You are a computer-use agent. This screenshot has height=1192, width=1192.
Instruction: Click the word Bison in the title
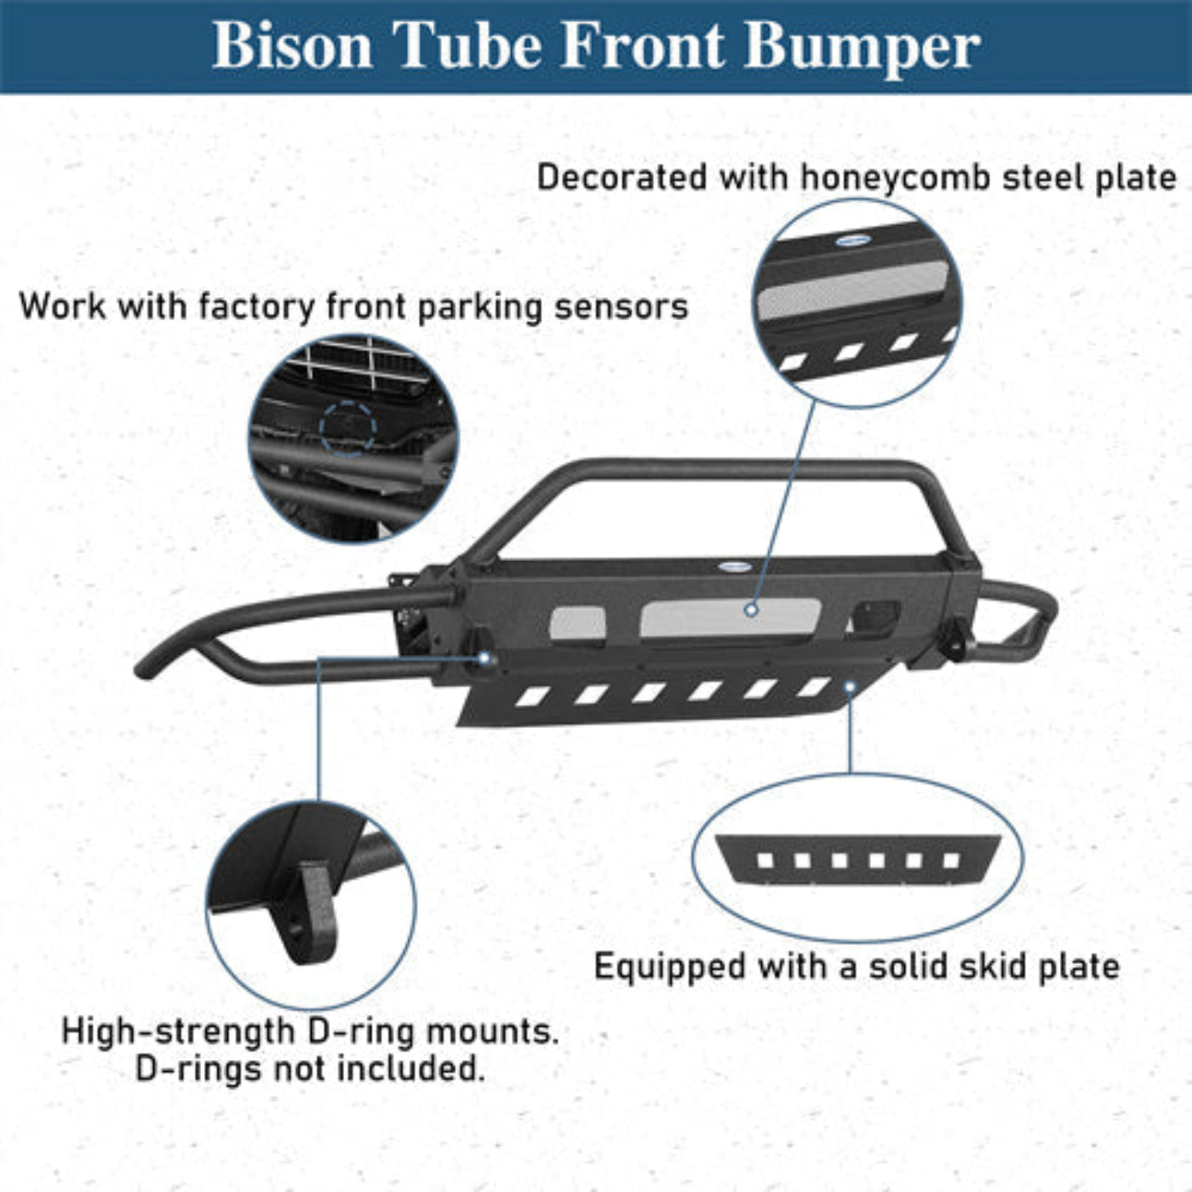coord(292,44)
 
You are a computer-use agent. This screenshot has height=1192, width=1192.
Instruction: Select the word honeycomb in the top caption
coord(896,178)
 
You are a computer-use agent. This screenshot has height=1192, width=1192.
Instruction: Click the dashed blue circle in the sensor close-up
coord(347,427)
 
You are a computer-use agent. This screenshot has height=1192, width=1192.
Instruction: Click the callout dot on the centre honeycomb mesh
coord(751,610)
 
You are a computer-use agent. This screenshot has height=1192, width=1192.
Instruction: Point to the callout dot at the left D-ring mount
coord(484,658)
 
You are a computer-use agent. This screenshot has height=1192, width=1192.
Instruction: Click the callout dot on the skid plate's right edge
coord(849,686)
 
